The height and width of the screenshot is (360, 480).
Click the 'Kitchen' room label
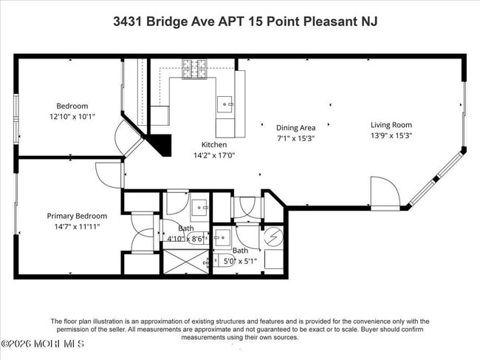pyautogui.click(x=214, y=145)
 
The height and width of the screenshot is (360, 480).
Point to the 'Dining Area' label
pyautogui.click(x=296, y=128)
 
